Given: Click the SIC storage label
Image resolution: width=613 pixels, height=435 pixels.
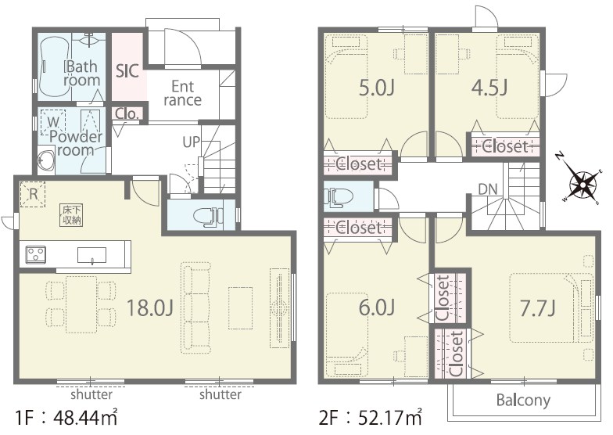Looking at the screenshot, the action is (127, 71).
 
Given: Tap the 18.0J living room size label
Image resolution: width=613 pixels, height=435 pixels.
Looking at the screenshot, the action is (150, 307).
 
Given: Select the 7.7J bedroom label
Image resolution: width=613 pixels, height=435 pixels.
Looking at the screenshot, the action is (537, 308).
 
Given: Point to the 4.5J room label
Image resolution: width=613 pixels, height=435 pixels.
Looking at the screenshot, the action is (489, 88).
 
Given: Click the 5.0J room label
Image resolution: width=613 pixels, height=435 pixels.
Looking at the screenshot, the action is (377, 88).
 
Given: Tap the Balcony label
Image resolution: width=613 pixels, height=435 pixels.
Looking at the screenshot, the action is (523, 401).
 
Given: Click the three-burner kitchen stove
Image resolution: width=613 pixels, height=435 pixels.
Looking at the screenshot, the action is (36, 255).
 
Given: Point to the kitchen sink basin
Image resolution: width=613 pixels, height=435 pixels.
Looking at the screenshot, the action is (91, 255).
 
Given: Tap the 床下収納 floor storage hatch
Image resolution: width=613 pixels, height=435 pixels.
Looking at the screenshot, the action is (72, 214).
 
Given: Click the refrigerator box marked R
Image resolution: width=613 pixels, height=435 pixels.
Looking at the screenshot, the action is (33, 194).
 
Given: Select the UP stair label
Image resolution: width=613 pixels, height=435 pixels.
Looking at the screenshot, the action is (191, 142).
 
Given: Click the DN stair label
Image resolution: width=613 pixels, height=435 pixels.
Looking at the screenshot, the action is (488, 189).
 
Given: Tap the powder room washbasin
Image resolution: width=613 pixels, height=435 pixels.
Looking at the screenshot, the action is (45, 160).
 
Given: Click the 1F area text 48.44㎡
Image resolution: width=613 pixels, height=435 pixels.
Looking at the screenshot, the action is (86, 418).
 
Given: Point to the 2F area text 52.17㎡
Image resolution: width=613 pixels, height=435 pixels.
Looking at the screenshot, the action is (390, 418).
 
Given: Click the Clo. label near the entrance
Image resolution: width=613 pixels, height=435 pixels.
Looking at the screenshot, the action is (127, 114).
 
